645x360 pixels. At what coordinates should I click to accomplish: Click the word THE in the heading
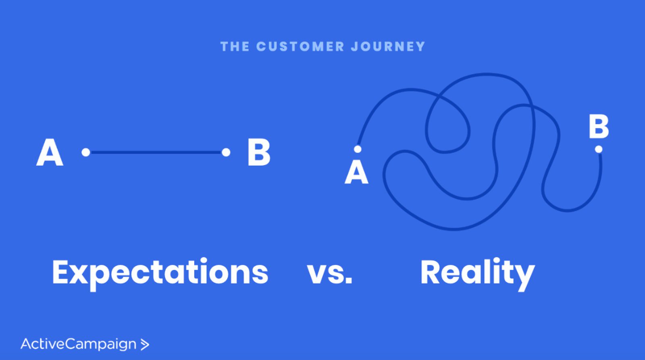click(x=235, y=46)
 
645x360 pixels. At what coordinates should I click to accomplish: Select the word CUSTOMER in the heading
click(x=300, y=46)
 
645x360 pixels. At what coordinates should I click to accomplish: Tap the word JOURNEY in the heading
click(x=388, y=46)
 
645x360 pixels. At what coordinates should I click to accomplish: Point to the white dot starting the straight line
click(x=86, y=152)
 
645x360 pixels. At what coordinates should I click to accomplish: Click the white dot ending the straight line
click(x=226, y=152)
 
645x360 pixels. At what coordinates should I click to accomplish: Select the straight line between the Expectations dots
click(x=156, y=152)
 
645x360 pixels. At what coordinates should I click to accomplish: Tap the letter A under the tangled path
click(x=356, y=173)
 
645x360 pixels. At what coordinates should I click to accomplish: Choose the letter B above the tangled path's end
click(x=599, y=127)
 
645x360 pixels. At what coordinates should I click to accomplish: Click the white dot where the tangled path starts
click(x=358, y=149)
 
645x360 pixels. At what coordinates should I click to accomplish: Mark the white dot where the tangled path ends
click(x=599, y=149)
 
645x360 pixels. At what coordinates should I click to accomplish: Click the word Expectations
click(x=160, y=273)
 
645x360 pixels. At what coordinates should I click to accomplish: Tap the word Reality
click(x=477, y=273)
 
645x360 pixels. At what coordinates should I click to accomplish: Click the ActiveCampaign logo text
click(x=79, y=344)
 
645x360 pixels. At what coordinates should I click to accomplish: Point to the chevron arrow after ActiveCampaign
click(x=145, y=344)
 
